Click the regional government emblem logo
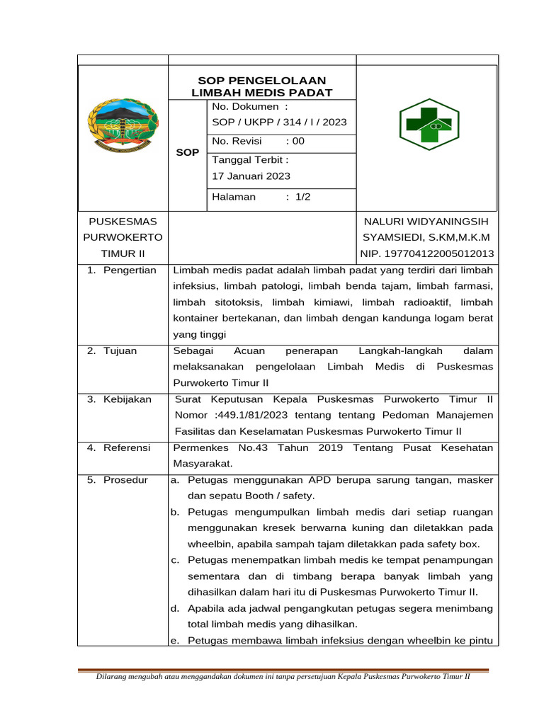[123, 125]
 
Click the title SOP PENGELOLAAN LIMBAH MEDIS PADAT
[262, 86]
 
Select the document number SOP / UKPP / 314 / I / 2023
[280, 122]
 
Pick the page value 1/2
[303, 197]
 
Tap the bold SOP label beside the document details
[188, 152]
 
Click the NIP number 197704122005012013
[428, 253]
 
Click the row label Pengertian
[130, 270]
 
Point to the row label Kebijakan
[127, 399]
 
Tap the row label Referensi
[127, 447]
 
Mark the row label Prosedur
[125, 480]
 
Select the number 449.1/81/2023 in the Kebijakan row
[249, 415]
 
